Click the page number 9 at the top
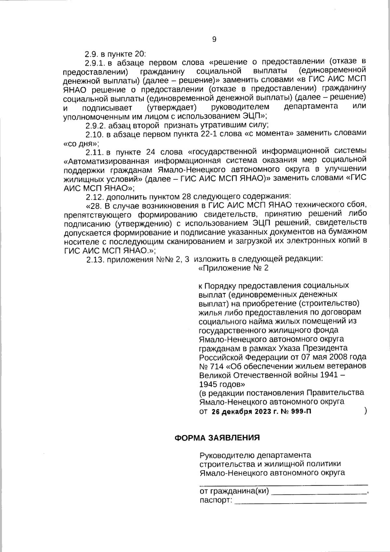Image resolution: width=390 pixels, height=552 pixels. click(214, 39)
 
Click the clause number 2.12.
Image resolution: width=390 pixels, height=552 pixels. click(95, 196)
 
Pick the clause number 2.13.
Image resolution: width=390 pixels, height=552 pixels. click(95, 259)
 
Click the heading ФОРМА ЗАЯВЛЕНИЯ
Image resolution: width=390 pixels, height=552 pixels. click(217, 438)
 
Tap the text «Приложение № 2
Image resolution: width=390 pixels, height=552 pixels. click(233, 268)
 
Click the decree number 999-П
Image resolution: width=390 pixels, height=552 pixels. click(301, 411)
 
